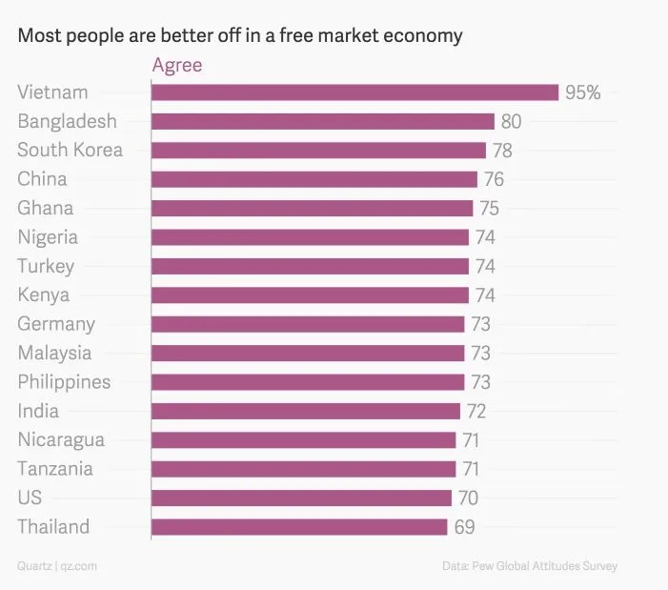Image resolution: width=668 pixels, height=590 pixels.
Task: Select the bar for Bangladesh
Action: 323,121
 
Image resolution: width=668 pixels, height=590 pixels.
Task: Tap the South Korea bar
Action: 318,151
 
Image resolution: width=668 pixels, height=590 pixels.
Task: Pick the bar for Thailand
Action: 299,527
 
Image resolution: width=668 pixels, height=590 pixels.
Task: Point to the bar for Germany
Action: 308,324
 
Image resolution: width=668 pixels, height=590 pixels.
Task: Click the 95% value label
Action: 582,92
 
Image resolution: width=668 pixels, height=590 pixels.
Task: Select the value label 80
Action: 511,121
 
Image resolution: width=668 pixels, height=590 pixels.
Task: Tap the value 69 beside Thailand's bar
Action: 464,527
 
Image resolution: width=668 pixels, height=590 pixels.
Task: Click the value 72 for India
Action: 476,411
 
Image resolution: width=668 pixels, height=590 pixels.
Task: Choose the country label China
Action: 42,179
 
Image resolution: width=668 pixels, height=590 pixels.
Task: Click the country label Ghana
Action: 45,208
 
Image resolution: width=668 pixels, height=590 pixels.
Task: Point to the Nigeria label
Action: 48,237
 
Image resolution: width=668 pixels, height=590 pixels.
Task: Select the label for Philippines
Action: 64,382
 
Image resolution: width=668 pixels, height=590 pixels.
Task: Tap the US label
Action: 30,498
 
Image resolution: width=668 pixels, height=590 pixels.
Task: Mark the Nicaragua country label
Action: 61,440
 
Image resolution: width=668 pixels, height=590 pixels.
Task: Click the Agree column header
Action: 177,66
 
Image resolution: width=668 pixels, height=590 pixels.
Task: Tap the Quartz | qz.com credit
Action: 57,566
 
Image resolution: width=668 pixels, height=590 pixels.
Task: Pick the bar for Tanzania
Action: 303,469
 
